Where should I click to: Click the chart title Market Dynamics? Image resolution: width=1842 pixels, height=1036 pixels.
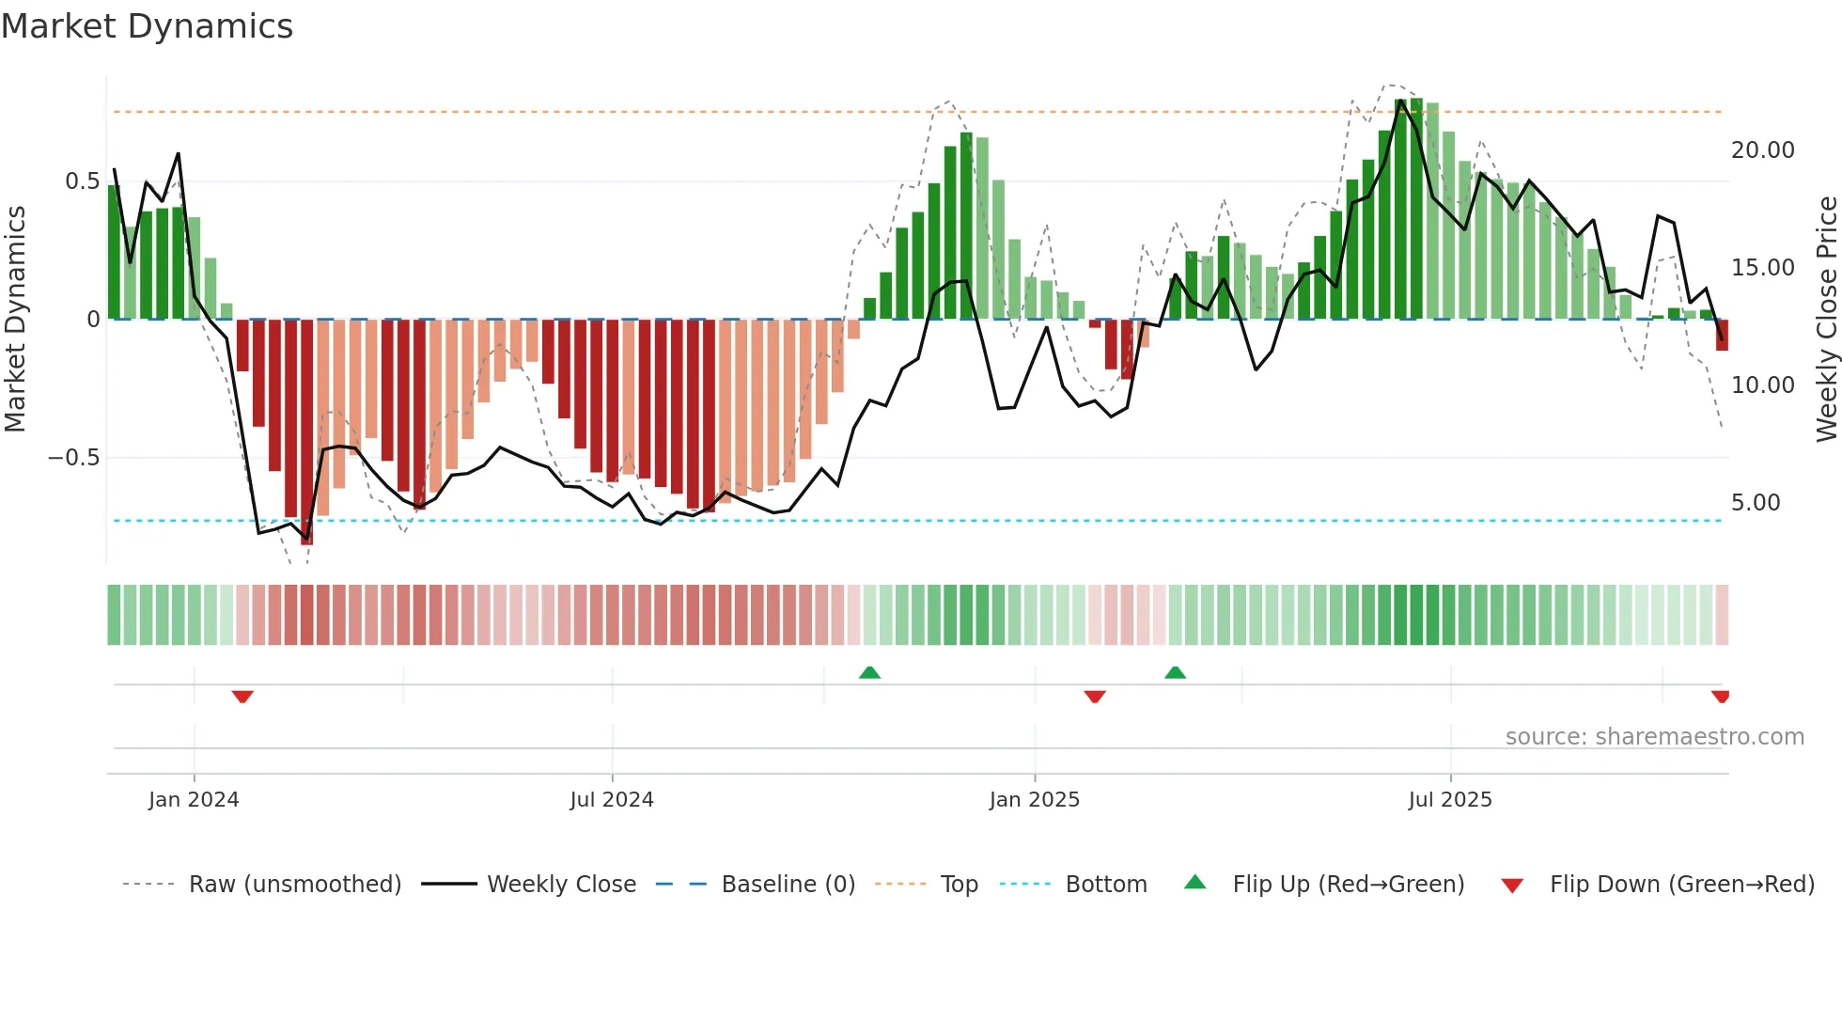pos(147,26)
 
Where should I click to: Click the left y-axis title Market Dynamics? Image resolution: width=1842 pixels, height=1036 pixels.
pos(16,319)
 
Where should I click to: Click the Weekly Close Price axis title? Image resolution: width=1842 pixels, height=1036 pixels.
pos(1826,319)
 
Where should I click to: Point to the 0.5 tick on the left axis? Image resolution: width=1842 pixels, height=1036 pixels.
pos(82,181)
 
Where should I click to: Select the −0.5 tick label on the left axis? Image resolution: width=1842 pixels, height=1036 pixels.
pos(73,458)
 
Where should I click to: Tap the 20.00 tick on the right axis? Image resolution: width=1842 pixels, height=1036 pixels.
pos(1762,150)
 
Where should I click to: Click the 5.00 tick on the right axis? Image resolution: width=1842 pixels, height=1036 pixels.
pos(1756,503)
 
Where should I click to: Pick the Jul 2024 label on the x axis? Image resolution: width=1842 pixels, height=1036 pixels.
pos(612,800)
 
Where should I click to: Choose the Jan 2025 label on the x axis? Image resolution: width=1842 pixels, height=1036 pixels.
pos(1034,800)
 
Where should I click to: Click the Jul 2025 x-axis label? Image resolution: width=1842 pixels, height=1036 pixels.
pos(1449,800)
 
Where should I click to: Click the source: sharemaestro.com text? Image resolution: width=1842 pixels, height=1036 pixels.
pos(1654,737)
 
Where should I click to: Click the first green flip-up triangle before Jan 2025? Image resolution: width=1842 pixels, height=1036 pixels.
pos(869,672)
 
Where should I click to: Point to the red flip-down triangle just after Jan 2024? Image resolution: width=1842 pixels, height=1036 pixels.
pos(242,697)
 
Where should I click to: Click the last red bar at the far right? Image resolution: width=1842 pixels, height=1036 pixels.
pos(1722,335)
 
